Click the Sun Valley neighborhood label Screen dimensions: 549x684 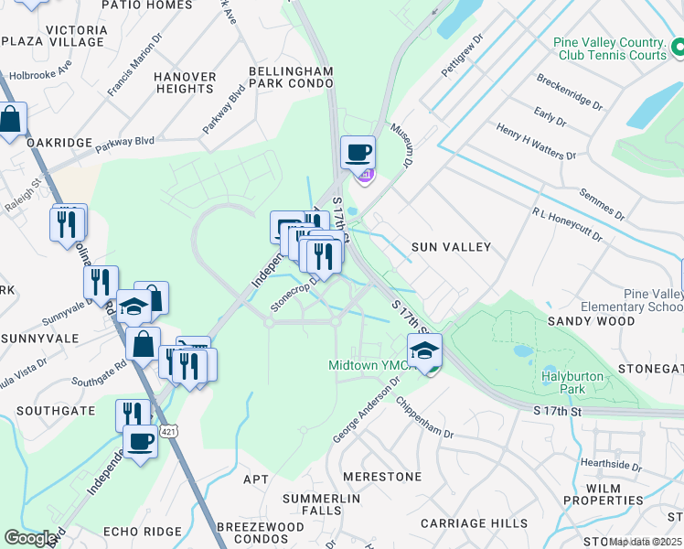click(451, 247)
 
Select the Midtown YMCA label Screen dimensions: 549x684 click(366, 366)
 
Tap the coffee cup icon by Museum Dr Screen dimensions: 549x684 click(358, 152)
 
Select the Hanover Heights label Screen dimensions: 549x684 click(185, 82)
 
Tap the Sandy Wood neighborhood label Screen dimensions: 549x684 click(591, 321)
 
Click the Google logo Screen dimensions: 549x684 click(31, 538)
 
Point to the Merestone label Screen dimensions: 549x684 click(382, 477)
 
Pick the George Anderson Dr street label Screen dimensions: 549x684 click(369, 413)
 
